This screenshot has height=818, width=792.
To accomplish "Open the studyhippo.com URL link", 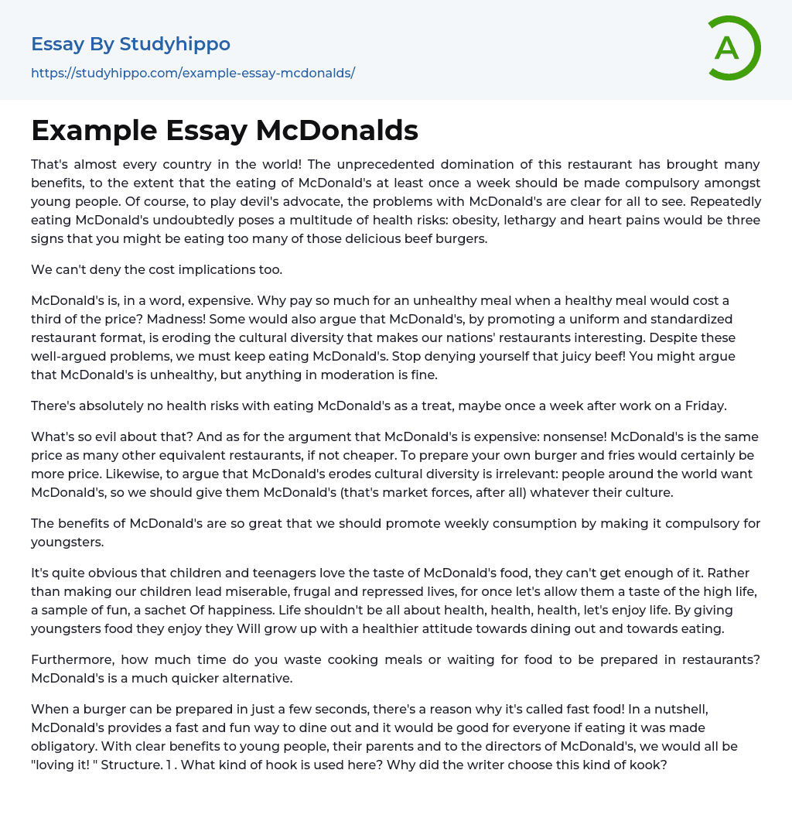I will pyautogui.click(x=193, y=74).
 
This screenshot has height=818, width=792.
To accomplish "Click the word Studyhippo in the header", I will pyautogui.click(x=175, y=44).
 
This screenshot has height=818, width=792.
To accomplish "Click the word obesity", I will pyautogui.click(x=524, y=220).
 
